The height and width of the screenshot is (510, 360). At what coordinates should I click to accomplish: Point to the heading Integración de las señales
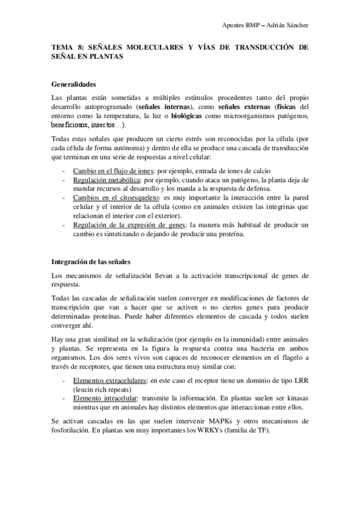click(x=90, y=262)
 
